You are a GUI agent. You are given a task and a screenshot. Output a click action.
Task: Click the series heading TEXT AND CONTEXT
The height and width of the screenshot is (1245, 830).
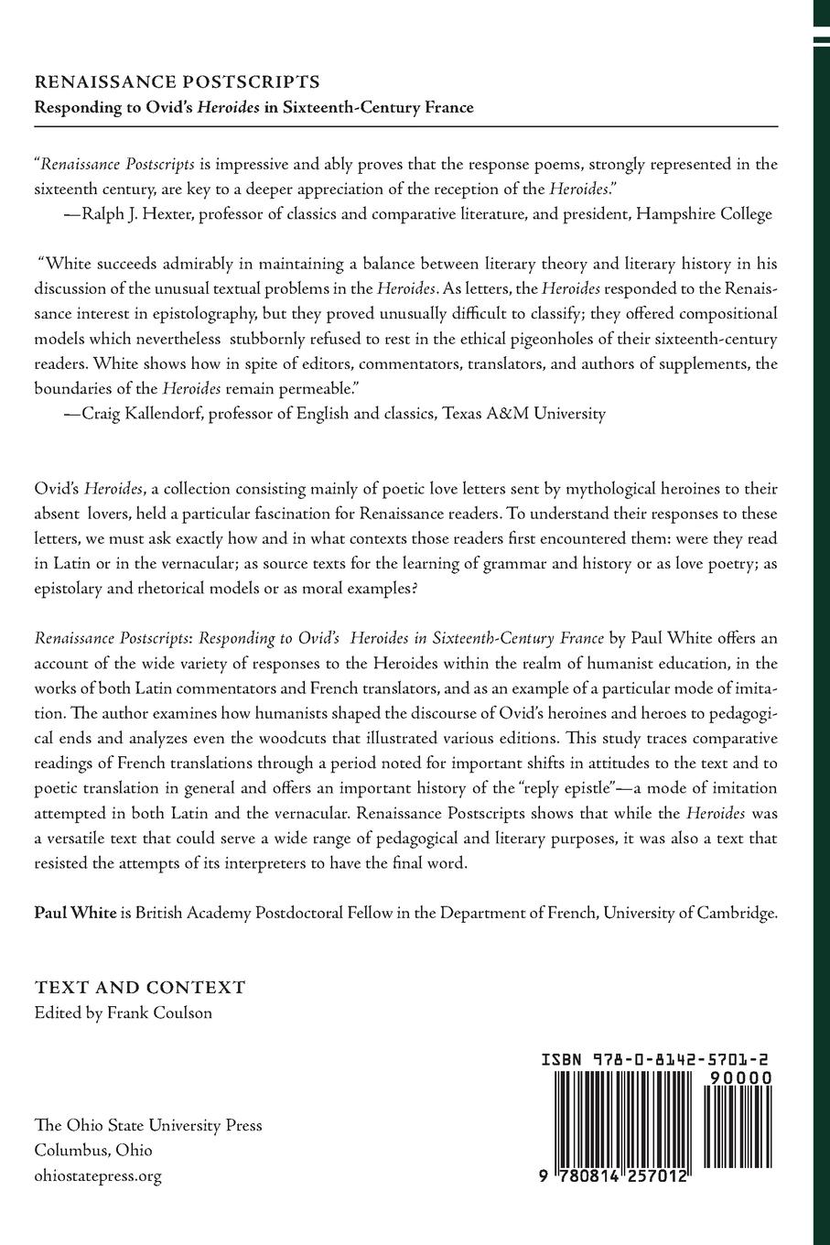139,988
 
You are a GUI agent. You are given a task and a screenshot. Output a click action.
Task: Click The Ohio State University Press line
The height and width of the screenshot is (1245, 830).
147,1125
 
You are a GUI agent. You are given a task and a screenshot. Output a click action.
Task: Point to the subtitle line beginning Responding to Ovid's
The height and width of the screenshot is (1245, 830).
253,107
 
